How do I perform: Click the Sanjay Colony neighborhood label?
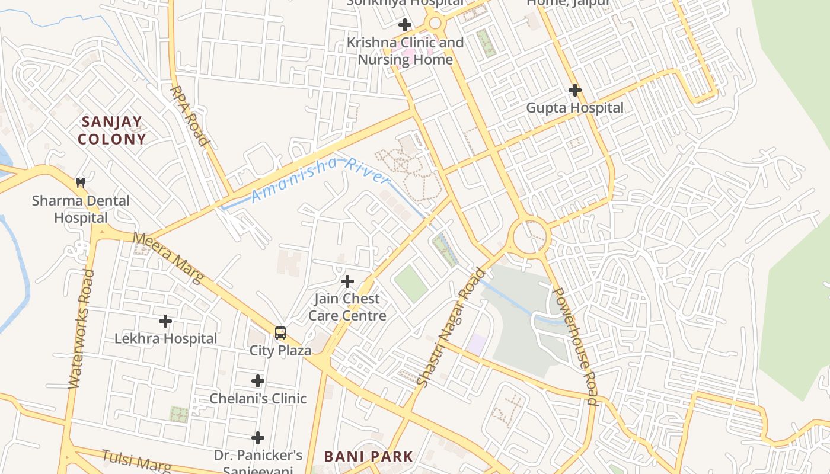click(x=113, y=131)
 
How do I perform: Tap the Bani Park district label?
click(x=368, y=456)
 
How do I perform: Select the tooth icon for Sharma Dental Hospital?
click(x=81, y=183)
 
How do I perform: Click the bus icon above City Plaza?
click(x=280, y=333)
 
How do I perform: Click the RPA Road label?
click(x=190, y=116)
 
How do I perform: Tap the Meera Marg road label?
click(x=168, y=257)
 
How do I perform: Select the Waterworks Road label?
click(x=81, y=329)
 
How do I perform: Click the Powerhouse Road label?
click(x=574, y=346)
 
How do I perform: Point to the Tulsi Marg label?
click(x=136, y=460)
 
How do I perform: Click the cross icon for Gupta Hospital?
click(x=574, y=90)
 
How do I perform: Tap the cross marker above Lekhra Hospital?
click(x=165, y=321)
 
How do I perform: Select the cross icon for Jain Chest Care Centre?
click(x=347, y=281)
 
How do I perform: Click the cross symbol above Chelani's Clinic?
click(x=257, y=380)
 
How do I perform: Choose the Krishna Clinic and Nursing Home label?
click(x=405, y=51)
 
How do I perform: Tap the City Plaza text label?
click(x=280, y=350)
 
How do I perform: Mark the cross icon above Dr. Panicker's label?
click(x=257, y=438)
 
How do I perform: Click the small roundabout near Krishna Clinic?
click(x=435, y=24)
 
